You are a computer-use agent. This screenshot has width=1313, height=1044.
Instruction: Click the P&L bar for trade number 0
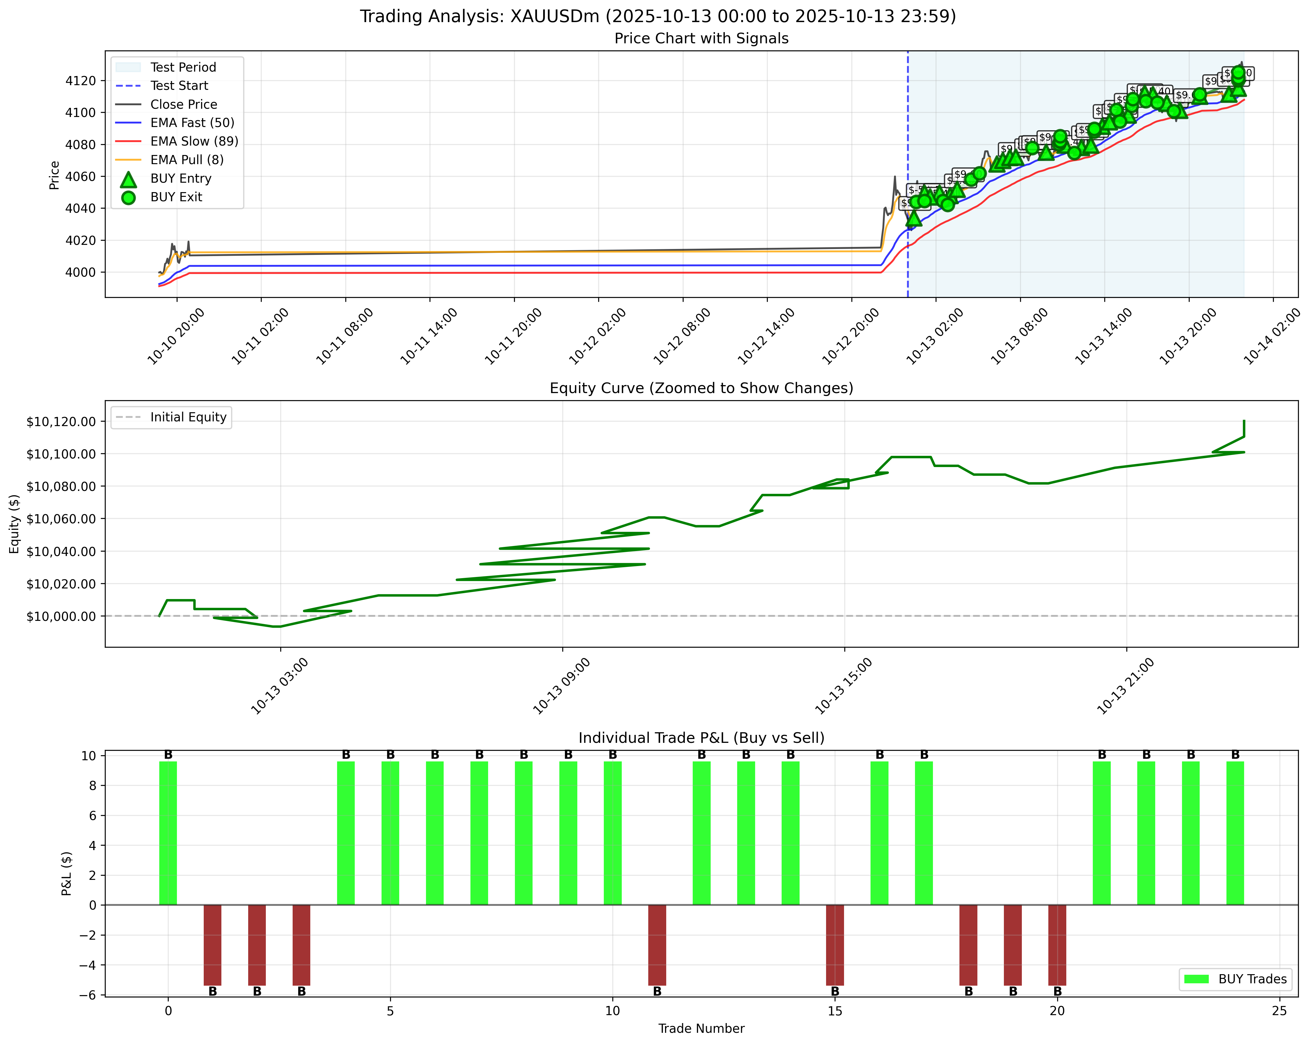[x=168, y=833]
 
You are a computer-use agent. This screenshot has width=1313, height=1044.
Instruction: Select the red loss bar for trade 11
[x=657, y=945]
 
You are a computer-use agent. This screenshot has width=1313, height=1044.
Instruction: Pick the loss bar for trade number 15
[x=835, y=945]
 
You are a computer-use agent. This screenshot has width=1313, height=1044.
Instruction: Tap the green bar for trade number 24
[x=1235, y=833]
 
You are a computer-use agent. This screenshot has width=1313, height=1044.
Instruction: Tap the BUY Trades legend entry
[x=1252, y=979]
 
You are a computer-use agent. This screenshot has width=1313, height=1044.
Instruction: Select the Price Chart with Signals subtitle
[x=701, y=38]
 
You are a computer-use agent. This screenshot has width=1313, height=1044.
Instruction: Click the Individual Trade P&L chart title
[x=701, y=738]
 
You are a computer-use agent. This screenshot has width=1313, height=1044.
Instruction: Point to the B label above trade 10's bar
[x=613, y=755]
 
